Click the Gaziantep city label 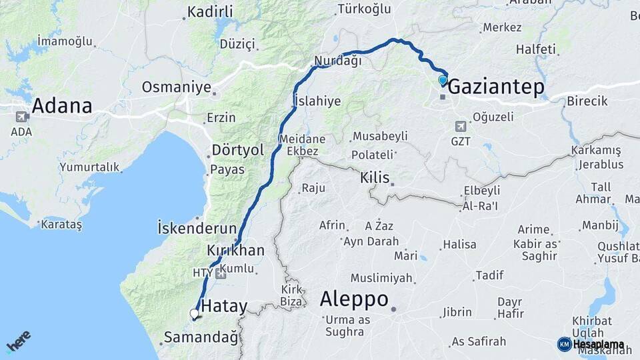point(495,87)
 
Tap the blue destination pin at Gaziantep point(443,81)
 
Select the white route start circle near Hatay point(194,313)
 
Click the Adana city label point(61,106)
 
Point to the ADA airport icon point(21,117)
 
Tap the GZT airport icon point(460,126)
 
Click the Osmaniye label point(176,87)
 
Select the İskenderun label point(197,228)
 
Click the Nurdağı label point(338,61)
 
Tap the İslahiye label point(317,101)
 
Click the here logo point(19,341)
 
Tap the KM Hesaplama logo point(591,344)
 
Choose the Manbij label point(600,225)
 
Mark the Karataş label point(61,225)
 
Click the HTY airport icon point(221,273)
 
